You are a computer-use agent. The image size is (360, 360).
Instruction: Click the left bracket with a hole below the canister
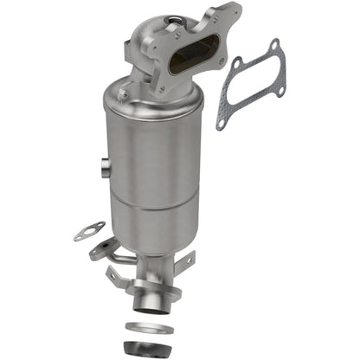tap(99, 252)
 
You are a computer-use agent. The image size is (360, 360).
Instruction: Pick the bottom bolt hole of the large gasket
tap(222, 124)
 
